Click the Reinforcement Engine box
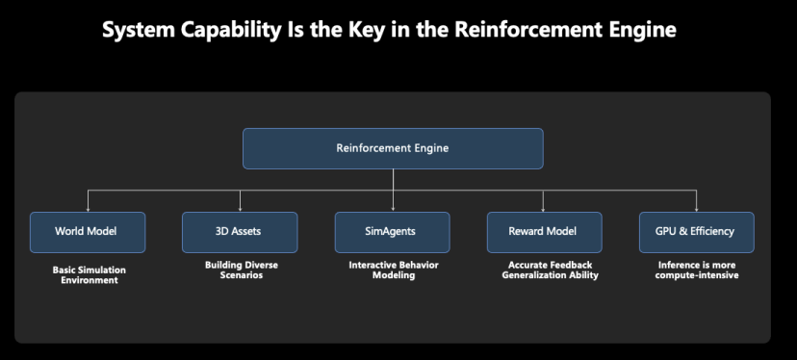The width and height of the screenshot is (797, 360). [x=393, y=148]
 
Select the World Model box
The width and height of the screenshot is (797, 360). [x=88, y=232]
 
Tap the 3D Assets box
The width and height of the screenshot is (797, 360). [x=240, y=232]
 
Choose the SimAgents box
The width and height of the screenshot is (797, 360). [x=393, y=232]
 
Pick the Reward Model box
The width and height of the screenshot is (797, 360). [x=545, y=232]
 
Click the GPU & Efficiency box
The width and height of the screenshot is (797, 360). [x=697, y=232]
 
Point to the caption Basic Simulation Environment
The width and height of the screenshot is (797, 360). [x=90, y=275]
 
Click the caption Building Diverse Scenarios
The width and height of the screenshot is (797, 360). [x=242, y=270]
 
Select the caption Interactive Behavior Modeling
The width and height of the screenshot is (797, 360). [x=394, y=270]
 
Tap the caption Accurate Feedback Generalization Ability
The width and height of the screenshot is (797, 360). [x=550, y=270]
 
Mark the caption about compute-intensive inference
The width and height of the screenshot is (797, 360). [x=697, y=270]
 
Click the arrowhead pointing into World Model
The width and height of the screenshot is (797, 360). [x=88, y=209]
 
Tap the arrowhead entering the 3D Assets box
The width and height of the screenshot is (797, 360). [x=240, y=209]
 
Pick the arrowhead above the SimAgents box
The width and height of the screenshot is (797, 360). [x=393, y=209]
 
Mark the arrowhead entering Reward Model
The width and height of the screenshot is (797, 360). [x=543, y=209]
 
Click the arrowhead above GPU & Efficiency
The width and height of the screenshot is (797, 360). [x=696, y=209]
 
